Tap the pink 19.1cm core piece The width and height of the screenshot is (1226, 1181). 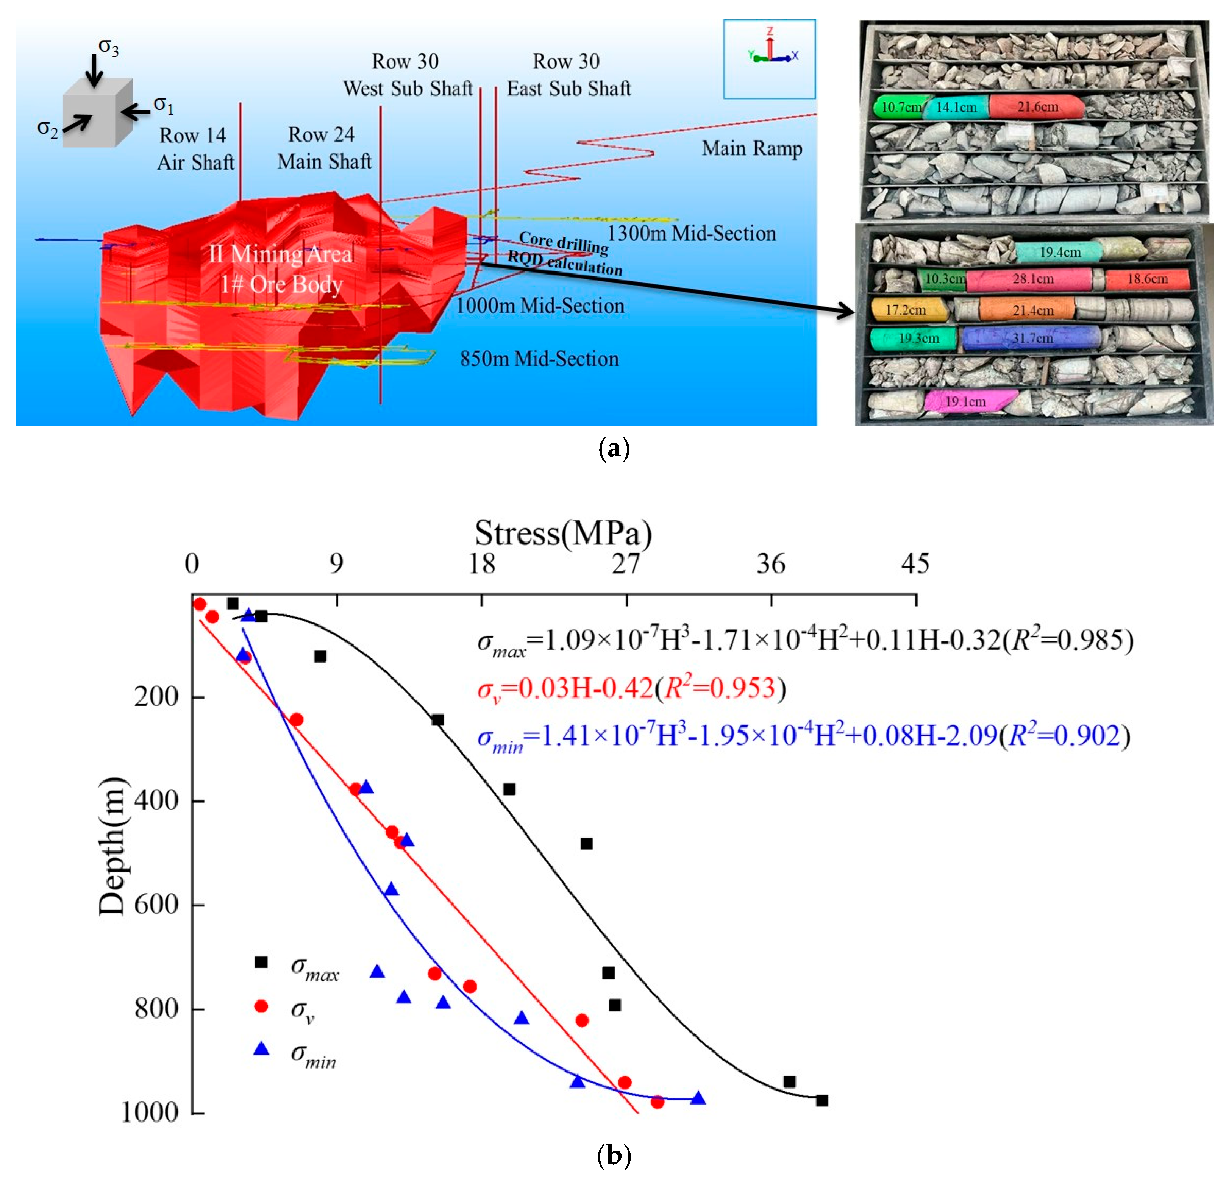(970, 401)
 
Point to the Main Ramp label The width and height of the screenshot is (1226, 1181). (752, 149)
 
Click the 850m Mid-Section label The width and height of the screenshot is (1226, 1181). (539, 359)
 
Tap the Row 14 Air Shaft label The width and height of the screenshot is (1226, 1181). (195, 149)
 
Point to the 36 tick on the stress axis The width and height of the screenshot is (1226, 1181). (771, 565)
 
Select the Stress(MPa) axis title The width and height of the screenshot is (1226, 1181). (563, 533)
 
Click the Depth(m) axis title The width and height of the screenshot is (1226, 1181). (112, 847)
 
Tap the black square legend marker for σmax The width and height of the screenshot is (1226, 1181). (261, 962)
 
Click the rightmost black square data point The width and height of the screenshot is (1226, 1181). (822, 1100)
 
